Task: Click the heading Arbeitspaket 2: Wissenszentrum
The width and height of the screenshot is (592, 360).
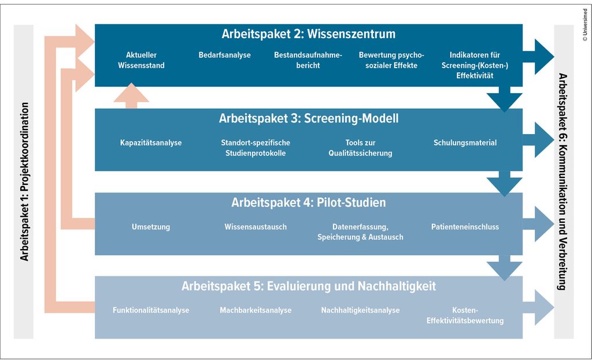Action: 309,34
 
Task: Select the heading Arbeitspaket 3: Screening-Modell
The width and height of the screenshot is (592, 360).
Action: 309,118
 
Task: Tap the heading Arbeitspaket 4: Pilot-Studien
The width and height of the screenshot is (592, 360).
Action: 309,203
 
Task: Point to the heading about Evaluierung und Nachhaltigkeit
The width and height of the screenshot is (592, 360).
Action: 309,286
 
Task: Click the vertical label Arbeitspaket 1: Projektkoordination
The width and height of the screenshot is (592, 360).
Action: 24,181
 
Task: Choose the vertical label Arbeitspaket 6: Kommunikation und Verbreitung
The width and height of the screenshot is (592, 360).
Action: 563,181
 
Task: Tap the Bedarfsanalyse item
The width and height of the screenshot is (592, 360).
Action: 225,55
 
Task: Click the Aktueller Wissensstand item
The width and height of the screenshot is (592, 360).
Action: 141,60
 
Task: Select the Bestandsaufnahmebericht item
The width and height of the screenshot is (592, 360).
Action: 308,60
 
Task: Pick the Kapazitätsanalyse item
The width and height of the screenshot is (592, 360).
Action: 151,143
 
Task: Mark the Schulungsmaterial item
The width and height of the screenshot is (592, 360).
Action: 465,143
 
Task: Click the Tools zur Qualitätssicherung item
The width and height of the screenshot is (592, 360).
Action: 360,148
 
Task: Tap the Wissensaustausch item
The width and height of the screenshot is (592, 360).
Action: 256,227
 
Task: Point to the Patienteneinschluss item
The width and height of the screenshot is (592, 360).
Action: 465,227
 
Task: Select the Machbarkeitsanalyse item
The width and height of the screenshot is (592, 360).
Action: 256,310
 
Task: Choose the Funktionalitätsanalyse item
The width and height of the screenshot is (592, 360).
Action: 151,310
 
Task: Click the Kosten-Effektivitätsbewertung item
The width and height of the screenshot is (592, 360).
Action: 465,316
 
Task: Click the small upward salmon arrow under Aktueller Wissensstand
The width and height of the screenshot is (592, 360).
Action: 131,96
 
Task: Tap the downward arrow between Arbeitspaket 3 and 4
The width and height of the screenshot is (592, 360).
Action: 504,184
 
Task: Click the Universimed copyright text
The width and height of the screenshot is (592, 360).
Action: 585,25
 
